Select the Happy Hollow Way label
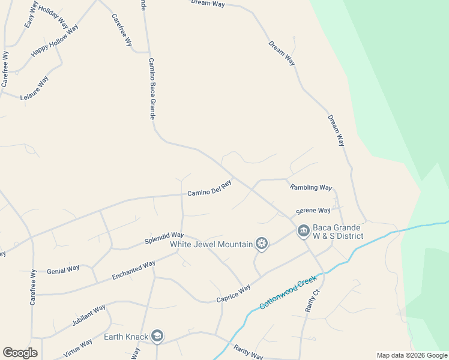tap(55, 41)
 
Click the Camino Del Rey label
tap(209, 188)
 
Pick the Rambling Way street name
tap(311, 187)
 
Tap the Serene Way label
tap(313, 211)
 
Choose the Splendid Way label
tap(164, 238)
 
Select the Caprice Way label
tap(233, 294)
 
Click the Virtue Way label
tap(77, 348)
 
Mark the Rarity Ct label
tap(313, 301)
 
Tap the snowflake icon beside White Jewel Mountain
tap(261, 244)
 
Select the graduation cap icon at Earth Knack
tap(157, 336)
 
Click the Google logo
tap(20, 353)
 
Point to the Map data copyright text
tap(411, 355)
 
